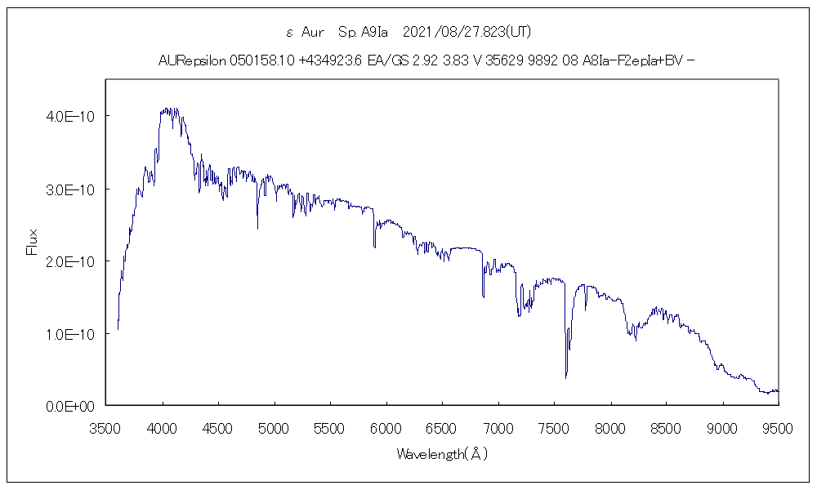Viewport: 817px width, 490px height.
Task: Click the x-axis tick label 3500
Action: (107, 427)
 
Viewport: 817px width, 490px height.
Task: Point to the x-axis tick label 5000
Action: (275, 427)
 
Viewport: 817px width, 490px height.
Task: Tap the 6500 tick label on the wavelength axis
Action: (442, 427)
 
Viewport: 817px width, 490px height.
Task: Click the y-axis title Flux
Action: (33, 242)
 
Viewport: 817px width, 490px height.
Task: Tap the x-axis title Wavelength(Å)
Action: (442, 454)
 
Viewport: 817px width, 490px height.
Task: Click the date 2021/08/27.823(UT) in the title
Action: (468, 32)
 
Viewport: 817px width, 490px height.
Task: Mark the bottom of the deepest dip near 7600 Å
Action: (566, 377)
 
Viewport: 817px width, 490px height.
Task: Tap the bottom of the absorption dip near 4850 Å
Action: (257, 229)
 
